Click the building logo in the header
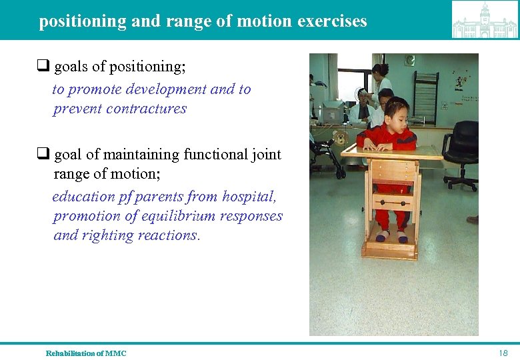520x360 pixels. pyautogui.click(x=485, y=20)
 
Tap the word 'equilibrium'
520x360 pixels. pyautogui.click(x=183, y=217)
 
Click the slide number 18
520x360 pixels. pyautogui.click(x=503, y=353)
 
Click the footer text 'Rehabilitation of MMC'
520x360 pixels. pyautogui.click(x=85, y=353)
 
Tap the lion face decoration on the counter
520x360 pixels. pyautogui.click(x=341, y=139)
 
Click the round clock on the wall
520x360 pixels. pyautogui.click(x=409, y=61)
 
